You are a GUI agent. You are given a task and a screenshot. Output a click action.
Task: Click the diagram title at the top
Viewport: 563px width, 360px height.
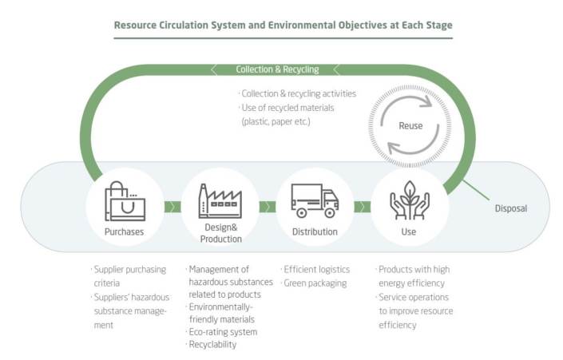point(283,25)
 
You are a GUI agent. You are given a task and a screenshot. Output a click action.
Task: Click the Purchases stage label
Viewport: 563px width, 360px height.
point(124,231)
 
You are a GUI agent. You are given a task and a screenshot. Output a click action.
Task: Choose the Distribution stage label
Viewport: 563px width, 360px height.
point(315,231)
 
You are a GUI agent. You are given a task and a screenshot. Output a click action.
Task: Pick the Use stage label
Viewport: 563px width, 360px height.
point(410,231)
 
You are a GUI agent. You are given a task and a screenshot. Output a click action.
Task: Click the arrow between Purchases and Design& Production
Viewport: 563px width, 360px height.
point(171,207)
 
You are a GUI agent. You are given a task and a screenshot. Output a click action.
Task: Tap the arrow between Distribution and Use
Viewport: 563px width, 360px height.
point(362,207)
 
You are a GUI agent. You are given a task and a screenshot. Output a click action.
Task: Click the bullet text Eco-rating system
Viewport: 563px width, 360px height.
point(223,331)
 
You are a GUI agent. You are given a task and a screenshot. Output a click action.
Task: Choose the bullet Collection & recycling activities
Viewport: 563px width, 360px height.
point(297,93)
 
